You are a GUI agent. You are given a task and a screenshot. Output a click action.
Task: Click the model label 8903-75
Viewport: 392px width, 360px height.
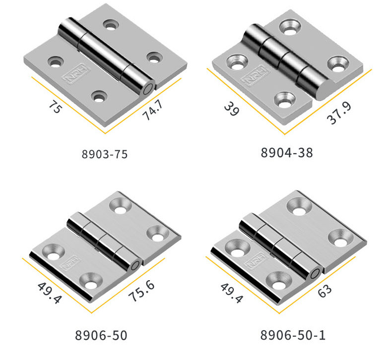tap(105, 154)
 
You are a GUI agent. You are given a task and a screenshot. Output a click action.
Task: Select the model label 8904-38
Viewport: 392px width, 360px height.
tap(286, 153)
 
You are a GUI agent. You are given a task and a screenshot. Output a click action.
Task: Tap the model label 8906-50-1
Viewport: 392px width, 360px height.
tap(293, 335)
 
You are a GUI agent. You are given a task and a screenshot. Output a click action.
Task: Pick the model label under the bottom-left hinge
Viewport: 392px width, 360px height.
tap(101, 335)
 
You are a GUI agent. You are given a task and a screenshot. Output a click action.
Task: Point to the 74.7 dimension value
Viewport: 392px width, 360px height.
tap(153, 110)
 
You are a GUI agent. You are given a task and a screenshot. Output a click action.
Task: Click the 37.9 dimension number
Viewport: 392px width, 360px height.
tap(339, 113)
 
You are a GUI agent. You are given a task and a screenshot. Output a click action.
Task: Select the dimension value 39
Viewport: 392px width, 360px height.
tap(232, 109)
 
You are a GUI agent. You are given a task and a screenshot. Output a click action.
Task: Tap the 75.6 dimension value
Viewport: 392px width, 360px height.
tap(141, 291)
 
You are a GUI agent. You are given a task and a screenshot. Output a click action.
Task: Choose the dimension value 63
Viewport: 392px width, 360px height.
tap(325, 291)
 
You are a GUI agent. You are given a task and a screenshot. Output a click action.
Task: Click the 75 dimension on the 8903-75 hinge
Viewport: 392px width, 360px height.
tap(55, 107)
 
